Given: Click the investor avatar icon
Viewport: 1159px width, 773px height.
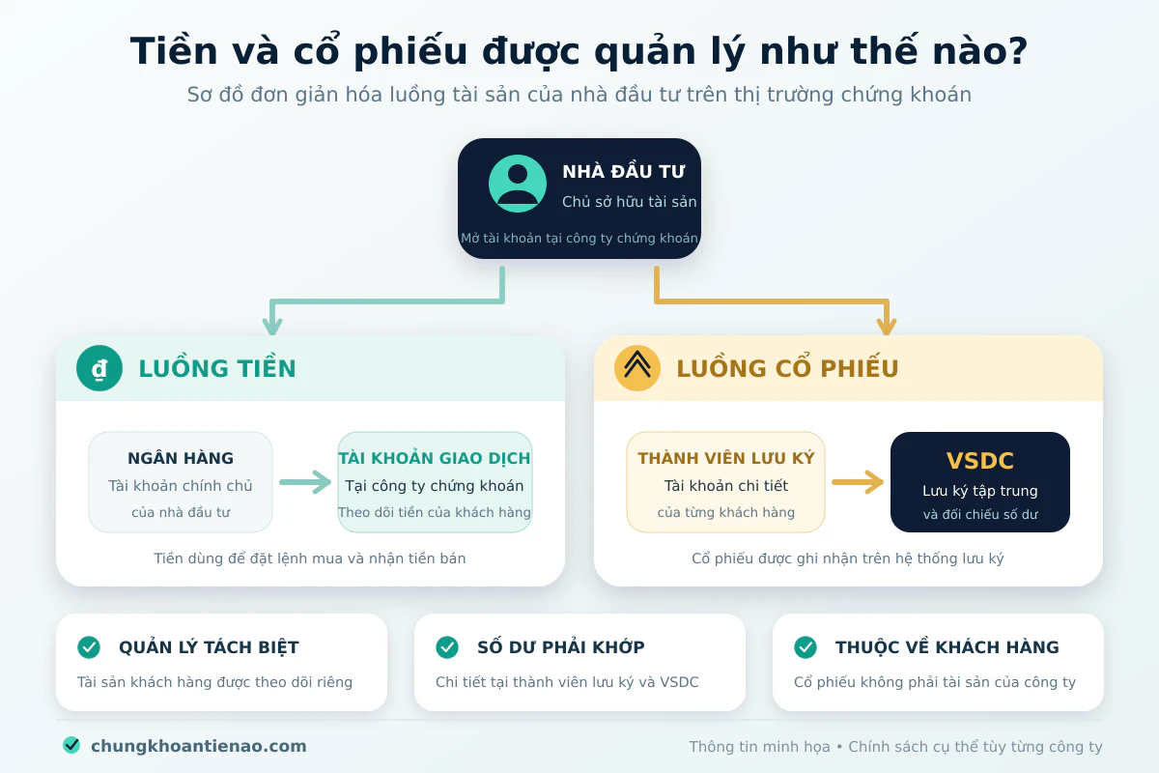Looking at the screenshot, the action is [x=518, y=184].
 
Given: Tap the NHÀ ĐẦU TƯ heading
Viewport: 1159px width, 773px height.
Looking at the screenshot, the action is [x=624, y=171].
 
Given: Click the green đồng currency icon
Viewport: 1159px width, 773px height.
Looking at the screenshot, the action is [x=99, y=368].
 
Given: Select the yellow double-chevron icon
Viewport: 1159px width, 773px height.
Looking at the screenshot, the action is [x=636, y=368].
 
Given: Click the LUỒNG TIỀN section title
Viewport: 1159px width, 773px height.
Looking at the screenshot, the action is [x=217, y=368].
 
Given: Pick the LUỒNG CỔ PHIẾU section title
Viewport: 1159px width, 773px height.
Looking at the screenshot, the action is [x=787, y=368].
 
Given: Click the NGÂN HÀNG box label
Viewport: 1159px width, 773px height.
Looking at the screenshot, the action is [x=181, y=458].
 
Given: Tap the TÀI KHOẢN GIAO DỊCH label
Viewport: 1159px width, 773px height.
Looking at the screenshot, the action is [x=434, y=458].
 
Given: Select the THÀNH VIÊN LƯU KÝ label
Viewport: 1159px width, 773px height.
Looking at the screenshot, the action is [x=726, y=458].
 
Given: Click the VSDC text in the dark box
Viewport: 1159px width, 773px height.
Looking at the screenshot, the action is [x=980, y=460].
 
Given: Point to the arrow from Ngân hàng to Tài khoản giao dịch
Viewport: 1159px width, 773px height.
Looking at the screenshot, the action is [x=305, y=482].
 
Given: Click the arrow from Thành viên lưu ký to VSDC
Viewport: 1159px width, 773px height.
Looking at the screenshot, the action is [x=858, y=482].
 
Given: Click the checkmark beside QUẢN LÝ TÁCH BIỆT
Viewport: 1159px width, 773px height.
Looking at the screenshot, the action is [x=89, y=647].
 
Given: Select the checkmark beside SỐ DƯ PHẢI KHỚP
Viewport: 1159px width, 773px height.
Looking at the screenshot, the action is [x=447, y=647].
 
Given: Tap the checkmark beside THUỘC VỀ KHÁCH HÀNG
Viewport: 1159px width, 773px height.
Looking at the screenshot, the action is [x=806, y=647].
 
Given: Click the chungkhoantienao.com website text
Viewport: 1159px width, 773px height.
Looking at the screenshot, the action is [x=199, y=746].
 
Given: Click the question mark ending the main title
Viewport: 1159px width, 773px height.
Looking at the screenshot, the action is [x=1018, y=51].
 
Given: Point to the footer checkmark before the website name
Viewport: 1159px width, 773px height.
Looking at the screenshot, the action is [x=71, y=746].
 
